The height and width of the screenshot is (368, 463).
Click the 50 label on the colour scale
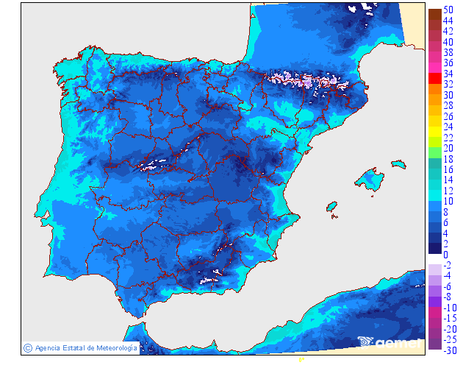449,10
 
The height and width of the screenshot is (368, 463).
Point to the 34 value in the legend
449,74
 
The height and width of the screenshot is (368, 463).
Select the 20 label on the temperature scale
449,149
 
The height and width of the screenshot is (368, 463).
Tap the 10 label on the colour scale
449,202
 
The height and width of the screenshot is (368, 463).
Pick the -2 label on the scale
449,265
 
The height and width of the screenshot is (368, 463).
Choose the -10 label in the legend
451,308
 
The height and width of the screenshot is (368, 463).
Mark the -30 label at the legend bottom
451,350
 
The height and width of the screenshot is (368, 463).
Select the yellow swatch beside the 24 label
435,127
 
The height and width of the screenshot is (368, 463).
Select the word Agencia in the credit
48,347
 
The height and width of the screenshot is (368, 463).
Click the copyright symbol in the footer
27,347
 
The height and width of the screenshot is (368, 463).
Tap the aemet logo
390,342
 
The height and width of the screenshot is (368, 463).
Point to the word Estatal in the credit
75,347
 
